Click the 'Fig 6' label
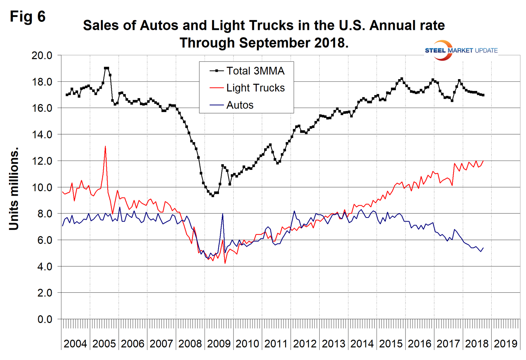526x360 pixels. tap(28, 17)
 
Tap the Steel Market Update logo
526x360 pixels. tap(461, 50)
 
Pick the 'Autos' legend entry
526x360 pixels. tap(240, 105)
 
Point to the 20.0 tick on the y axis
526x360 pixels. tap(42, 55)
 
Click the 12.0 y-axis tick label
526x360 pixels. tap(42, 161)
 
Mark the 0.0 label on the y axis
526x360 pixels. tap(44, 319)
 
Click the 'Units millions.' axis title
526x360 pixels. tap(14, 189)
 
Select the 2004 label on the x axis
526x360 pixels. tap(75, 343)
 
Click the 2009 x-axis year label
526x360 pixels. tap(219, 343)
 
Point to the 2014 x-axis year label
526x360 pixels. tap(362, 343)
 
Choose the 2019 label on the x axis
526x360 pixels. tap(505, 343)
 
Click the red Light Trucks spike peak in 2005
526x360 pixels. tap(105, 147)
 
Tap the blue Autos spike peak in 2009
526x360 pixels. tap(222, 214)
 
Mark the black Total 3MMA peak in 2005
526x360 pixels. tap(107, 68)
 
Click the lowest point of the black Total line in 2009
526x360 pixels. tap(213, 195)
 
